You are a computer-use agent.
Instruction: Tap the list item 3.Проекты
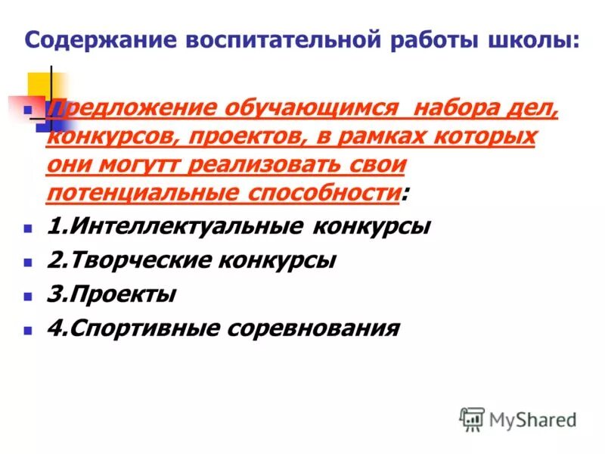(x=111, y=294)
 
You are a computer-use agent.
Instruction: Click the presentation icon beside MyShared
(x=472, y=418)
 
